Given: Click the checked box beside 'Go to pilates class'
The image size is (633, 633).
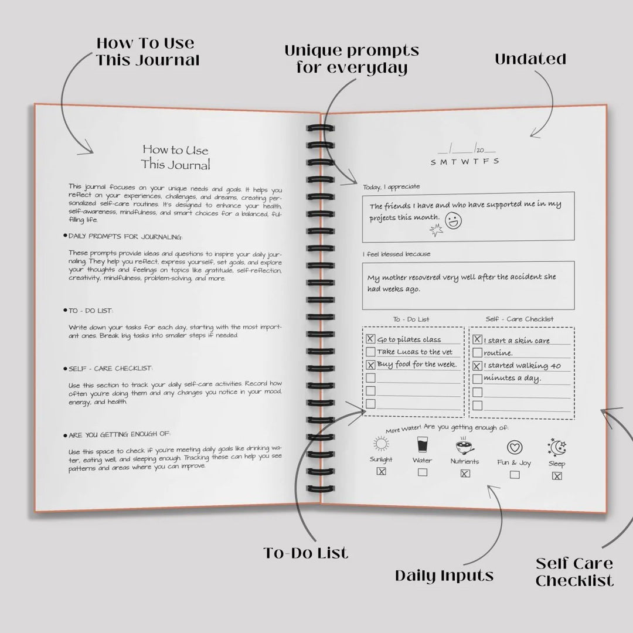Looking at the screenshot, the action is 370,339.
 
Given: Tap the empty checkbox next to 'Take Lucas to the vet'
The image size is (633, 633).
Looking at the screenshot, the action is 370,352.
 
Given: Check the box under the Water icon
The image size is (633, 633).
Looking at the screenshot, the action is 422,472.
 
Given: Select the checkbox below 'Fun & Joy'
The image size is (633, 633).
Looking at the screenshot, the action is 515,475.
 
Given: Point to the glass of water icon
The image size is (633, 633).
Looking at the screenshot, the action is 422,444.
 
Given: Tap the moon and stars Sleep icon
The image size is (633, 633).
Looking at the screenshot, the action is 557,447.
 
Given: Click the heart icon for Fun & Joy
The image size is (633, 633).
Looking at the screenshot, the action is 515,447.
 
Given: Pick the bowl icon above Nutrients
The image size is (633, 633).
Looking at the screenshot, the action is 465,447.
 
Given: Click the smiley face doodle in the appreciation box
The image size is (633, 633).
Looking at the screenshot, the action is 453,220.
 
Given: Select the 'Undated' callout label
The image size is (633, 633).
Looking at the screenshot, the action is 530,59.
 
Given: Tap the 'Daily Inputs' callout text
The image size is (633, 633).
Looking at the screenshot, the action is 444,576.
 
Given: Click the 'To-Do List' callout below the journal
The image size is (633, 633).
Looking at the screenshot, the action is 305,553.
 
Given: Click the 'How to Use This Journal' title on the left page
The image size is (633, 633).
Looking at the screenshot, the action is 176,157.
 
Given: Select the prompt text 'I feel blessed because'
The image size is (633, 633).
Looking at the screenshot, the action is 396,254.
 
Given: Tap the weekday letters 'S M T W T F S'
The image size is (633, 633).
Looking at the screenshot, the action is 465,162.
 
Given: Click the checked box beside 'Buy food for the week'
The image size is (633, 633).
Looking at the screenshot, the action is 370,365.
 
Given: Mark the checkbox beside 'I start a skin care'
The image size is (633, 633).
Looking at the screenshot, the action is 477,339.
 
